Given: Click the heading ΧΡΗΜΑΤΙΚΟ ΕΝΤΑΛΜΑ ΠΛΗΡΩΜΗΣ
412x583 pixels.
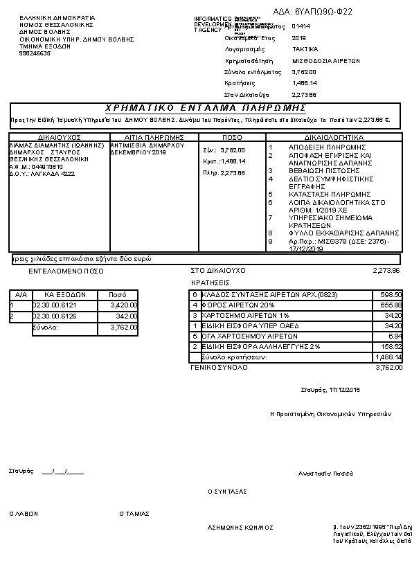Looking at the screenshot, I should click(205, 108).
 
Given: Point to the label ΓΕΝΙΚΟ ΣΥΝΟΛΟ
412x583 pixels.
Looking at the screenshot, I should click(219, 368).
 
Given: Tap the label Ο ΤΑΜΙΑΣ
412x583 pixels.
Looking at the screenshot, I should click(134, 514).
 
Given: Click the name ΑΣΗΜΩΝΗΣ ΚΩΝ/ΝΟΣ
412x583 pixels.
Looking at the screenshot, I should click(240, 527).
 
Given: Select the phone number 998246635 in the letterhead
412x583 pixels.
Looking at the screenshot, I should click(35, 53).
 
